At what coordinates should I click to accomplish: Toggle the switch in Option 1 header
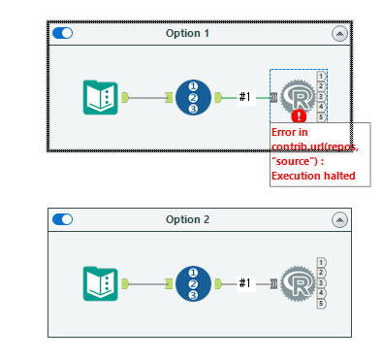point(62,33)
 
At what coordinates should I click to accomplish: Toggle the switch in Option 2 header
point(62,219)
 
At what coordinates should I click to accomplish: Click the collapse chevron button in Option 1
point(338,33)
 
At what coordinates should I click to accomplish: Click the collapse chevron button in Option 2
point(338,219)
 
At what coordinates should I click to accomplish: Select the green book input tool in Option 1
point(101,97)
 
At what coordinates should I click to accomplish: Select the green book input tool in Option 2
point(101,282)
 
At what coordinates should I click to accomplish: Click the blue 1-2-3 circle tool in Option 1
point(194,97)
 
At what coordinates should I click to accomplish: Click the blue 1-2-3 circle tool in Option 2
point(194,282)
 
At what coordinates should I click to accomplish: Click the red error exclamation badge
point(298,116)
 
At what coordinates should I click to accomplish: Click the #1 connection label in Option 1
point(245,97)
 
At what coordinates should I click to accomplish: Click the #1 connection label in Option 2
point(245,283)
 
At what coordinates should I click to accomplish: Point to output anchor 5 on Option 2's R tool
point(321,304)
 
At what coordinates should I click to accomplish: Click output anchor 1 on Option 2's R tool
point(321,261)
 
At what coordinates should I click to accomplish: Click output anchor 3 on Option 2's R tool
point(321,282)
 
